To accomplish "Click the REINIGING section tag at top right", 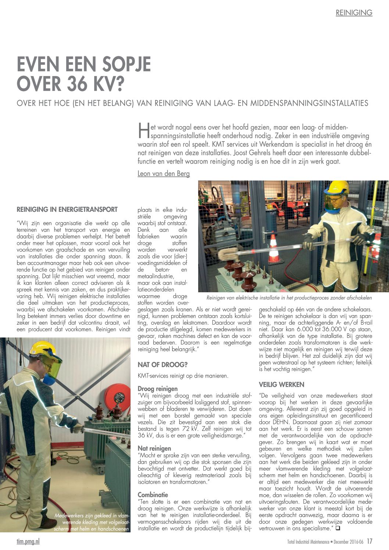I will [354, 13].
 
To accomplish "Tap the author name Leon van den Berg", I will [164, 174].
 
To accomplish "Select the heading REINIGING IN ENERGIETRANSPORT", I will [67, 210].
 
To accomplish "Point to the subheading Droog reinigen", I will [157, 389].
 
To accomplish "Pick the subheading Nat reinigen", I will [154, 448].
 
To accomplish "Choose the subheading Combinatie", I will [153, 494].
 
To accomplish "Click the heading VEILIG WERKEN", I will [281, 385].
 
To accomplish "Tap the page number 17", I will [369, 542].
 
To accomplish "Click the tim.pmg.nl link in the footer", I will [28, 542].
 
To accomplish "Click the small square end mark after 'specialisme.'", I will [338, 528].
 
